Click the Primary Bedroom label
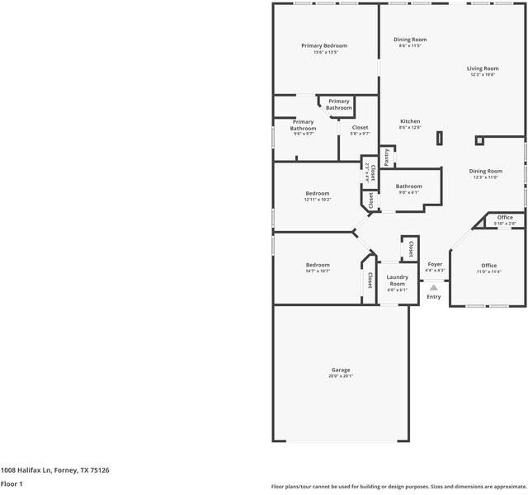pyautogui.click(x=323, y=45)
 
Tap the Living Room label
pyautogui.click(x=483, y=68)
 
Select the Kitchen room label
pyautogui.click(x=410, y=121)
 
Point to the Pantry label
pyautogui.click(x=386, y=156)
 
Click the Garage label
pyautogui.click(x=341, y=370)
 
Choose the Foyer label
pyautogui.click(x=435, y=264)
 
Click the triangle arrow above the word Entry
pyautogui.click(x=434, y=287)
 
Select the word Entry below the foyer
pyautogui.click(x=434, y=297)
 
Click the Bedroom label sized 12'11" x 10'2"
pyautogui.click(x=318, y=193)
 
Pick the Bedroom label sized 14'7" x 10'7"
pyautogui.click(x=318, y=265)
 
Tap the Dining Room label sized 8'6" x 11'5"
pyautogui.click(x=410, y=40)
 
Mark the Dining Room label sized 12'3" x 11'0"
pyautogui.click(x=485, y=171)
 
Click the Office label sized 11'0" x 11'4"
pyautogui.click(x=488, y=266)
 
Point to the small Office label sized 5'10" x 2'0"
pyautogui.click(x=505, y=218)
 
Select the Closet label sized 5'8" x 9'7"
pyautogui.click(x=360, y=128)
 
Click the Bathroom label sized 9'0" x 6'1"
pyautogui.click(x=408, y=186)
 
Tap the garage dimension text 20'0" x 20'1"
pyautogui.click(x=341, y=376)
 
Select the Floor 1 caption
pyautogui.click(x=12, y=484)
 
